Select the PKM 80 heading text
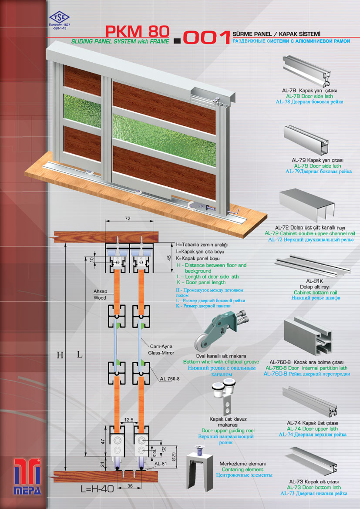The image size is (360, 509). (137, 31)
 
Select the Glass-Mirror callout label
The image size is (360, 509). (161, 353)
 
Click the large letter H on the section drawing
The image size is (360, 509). (60, 355)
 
